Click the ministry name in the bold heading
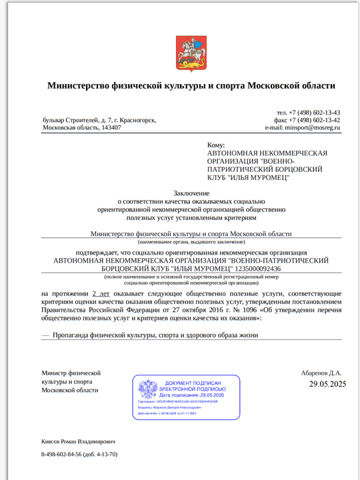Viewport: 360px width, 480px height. coord(191,85)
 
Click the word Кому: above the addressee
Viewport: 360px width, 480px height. coord(216,145)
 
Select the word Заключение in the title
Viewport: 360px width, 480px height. coord(191,193)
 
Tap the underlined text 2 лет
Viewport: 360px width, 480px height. coord(101,293)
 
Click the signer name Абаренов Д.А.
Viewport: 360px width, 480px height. coord(321,373)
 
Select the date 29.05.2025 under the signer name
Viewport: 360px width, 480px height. coord(327,384)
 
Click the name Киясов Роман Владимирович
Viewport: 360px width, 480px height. coord(78,441)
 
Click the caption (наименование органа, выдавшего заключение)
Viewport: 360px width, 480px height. coord(191,242)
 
